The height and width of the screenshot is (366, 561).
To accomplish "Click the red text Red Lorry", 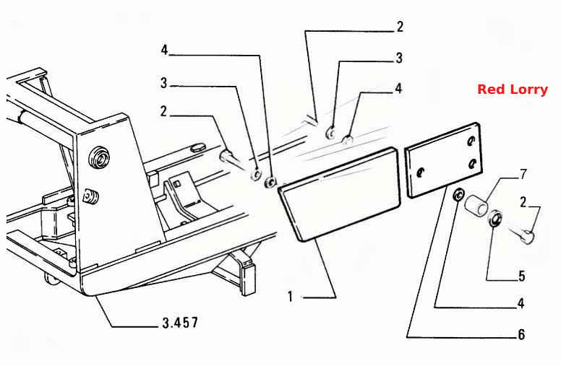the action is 513,90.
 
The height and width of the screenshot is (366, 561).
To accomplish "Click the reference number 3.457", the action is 180,323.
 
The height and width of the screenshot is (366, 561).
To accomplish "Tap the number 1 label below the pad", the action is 290,297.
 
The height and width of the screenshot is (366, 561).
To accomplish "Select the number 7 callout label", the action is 523,174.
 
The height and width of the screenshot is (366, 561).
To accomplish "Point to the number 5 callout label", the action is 521,276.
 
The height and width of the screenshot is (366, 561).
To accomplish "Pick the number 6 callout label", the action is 521,334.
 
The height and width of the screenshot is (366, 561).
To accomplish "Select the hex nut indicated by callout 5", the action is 495,219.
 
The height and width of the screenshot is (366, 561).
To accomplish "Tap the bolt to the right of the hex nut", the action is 523,233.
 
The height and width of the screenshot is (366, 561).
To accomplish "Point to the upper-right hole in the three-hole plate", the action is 471,141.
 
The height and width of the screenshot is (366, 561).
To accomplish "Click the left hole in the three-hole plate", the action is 421,173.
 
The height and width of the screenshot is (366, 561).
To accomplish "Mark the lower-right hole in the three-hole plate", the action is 472,164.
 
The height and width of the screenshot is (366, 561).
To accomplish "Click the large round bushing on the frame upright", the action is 100,157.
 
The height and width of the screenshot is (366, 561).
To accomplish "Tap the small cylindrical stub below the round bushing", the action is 91,197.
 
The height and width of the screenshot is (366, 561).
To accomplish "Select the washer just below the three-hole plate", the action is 458,195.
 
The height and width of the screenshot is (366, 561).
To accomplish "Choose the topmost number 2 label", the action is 400,27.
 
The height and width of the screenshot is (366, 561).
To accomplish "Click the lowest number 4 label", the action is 521,303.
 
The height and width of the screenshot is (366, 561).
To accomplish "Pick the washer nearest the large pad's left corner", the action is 270,182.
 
